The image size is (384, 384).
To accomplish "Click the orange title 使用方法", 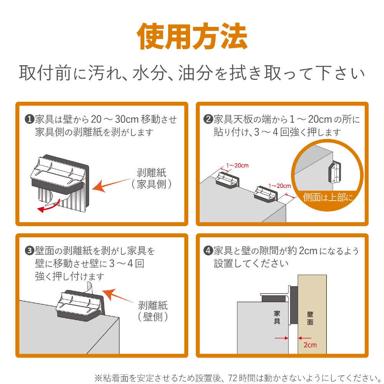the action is pyautogui.click(x=192, y=36).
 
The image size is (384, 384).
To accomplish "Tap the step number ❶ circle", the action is pyautogui.click(x=30, y=119).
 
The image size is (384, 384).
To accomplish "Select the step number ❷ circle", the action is pyautogui.click(x=208, y=119).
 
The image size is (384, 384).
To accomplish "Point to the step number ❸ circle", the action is pyautogui.click(x=30, y=250).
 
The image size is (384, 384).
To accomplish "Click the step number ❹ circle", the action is pyautogui.click(x=208, y=250).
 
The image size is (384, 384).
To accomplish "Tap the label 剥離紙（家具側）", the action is pyautogui.click(x=151, y=179).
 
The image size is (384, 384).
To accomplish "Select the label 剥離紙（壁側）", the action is pyautogui.click(x=153, y=311).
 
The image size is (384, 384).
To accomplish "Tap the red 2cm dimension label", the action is pyautogui.click(x=310, y=345).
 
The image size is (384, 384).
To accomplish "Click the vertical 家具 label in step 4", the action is pyautogui.click(x=277, y=318).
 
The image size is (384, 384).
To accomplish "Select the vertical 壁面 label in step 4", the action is pyautogui.click(x=310, y=318).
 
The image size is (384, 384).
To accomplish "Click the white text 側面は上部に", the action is pyautogui.click(x=328, y=197).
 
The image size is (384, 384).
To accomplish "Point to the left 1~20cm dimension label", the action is pyautogui.click(x=237, y=166).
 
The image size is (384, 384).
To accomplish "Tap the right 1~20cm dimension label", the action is pyautogui.click(x=280, y=186).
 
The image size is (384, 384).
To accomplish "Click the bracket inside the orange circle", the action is pyautogui.click(x=334, y=172).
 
